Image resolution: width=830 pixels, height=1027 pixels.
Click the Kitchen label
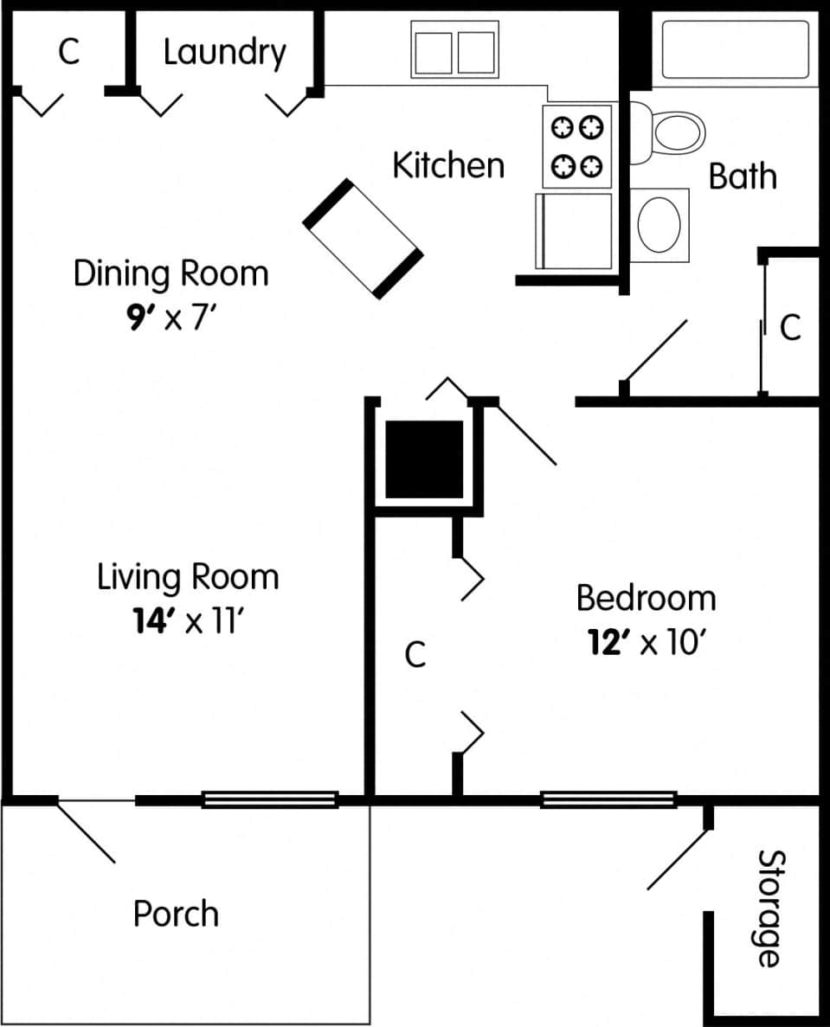448,164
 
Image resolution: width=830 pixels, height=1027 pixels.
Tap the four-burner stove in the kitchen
577,145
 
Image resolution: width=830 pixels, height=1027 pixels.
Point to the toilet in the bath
671,132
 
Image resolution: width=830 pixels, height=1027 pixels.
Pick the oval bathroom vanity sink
659,224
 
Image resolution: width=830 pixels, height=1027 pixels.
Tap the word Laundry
224,52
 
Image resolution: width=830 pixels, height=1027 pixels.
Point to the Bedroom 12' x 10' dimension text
646,643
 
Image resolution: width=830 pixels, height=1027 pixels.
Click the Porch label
176,914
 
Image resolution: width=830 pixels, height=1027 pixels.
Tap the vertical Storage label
769,908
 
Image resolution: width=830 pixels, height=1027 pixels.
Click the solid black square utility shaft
424,459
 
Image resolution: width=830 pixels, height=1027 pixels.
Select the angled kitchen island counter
364,239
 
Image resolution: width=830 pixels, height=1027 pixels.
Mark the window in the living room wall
269,800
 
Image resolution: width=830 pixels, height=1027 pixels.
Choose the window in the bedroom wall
608,800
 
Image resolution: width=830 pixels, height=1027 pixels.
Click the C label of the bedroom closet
415,655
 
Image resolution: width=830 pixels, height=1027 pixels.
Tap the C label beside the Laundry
68,52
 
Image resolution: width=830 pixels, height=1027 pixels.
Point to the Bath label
743,177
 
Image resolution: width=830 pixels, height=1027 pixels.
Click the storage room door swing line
679,859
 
